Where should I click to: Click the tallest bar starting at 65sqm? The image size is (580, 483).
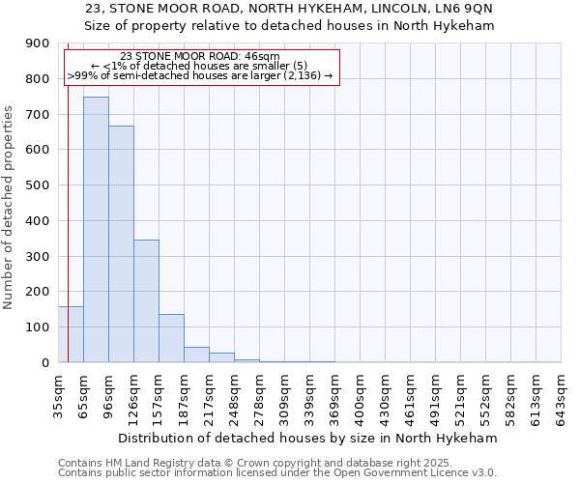(96, 230)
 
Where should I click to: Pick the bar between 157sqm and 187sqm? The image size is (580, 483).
(171, 338)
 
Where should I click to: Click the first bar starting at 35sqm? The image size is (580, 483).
(71, 334)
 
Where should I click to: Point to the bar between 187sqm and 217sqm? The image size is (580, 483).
(196, 355)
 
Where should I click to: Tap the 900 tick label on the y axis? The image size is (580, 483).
(38, 43)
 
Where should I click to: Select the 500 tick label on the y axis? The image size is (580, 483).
(38, 185)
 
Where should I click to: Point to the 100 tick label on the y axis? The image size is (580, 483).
(38, 327)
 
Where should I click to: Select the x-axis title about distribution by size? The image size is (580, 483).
(309, 438)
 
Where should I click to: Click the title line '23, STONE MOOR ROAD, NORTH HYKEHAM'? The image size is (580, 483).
(290, 9)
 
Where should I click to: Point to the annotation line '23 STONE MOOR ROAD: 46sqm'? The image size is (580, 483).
(202, 57)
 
